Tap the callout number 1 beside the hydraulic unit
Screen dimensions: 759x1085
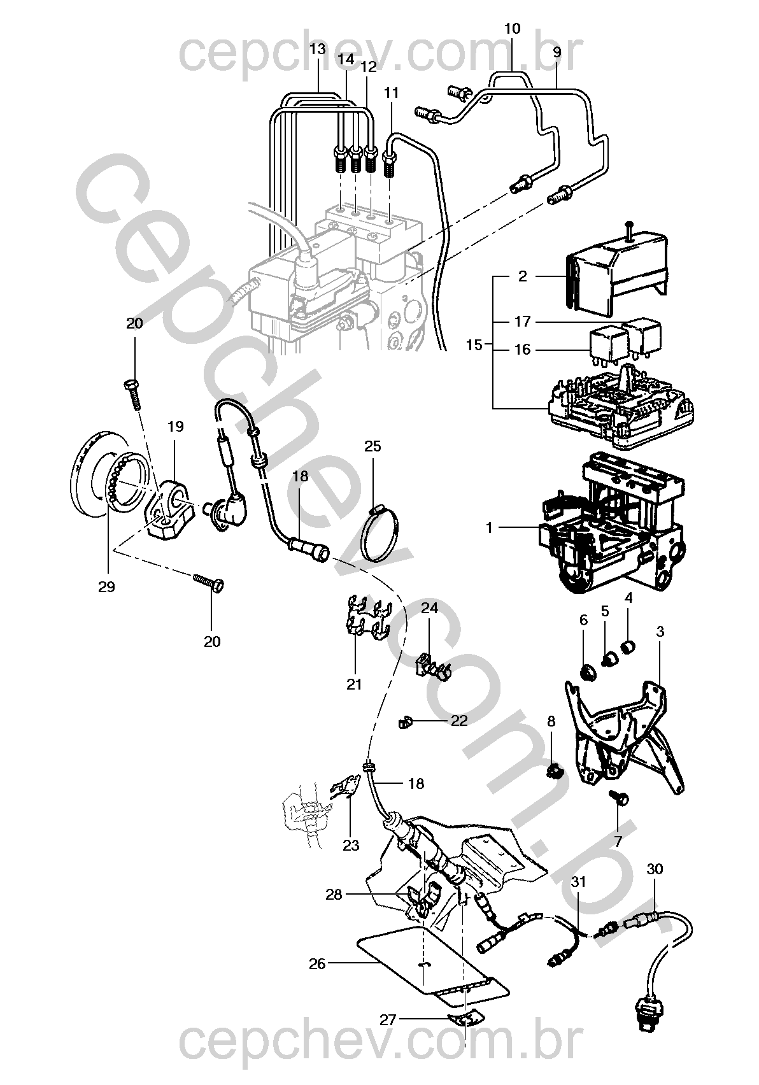(x=489, y=527)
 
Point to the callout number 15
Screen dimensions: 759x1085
(x=474, y=345)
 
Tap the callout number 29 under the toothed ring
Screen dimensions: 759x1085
(x=106, y=586)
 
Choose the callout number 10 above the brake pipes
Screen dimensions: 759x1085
(x=512, y=29)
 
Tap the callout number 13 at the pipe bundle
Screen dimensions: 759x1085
(x=318, y=49)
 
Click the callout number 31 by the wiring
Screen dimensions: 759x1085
(x=579, y=882)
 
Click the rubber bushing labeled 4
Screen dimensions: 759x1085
(x=628, y=647)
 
